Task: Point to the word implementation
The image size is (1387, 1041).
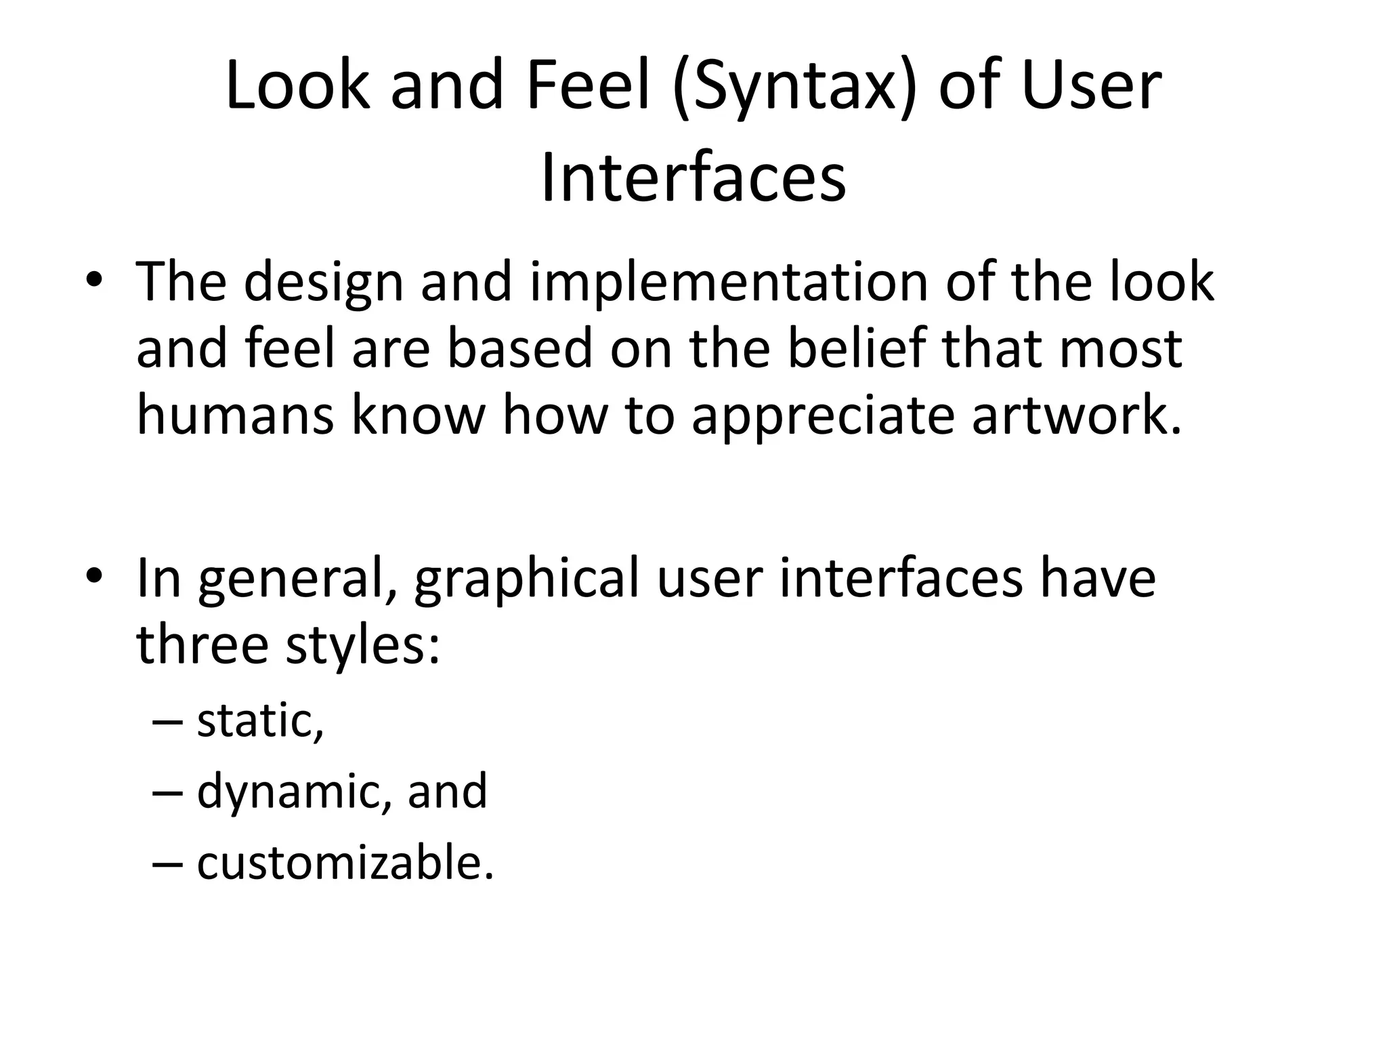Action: [729, 283]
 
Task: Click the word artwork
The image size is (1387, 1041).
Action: [1077, 415]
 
